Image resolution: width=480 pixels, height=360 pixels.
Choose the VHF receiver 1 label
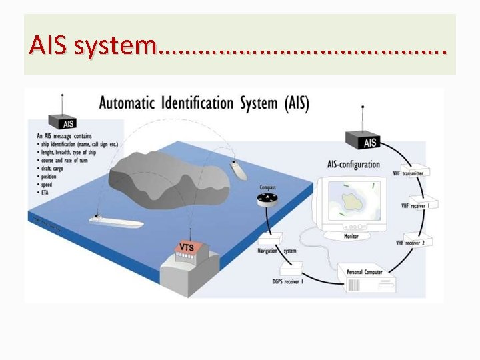pyautogui.click(x=415, y=206)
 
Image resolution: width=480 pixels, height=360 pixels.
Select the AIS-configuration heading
pyautogui.click(x=353, y=164)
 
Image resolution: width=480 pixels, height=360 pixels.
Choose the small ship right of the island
pyautogui.click(x=238, y=169)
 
